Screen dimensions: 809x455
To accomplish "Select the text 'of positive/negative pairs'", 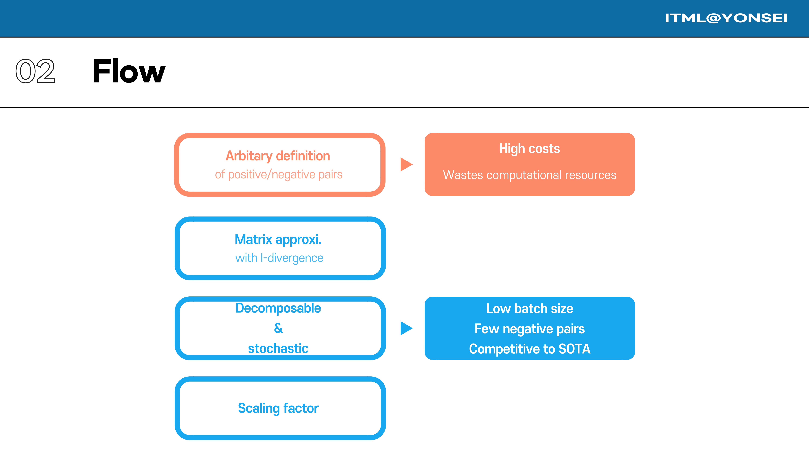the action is click(x=279, y=174).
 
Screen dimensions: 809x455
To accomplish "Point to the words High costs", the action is click(x=529, y=149).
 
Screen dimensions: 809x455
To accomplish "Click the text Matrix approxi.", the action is click(x=278, y=240).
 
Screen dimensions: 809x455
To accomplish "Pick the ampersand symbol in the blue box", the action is click(x=278, y=328).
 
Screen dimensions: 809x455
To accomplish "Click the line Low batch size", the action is click(x=529, y=309).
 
